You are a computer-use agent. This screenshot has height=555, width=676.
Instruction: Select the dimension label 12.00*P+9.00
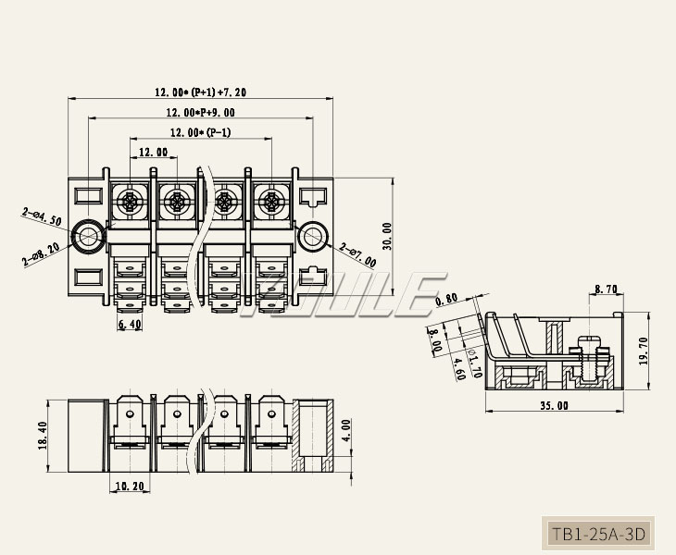[200, 112]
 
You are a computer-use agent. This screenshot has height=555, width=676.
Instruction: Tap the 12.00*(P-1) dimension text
[200, 132]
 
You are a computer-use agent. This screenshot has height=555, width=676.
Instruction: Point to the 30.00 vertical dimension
[387, 235]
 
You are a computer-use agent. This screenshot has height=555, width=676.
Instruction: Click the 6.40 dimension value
[130, 325]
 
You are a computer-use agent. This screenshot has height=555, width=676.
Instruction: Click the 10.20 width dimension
[129, 486]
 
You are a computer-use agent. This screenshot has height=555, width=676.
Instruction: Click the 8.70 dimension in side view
[607, 290]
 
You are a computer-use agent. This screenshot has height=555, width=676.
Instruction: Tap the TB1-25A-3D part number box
[597, 534]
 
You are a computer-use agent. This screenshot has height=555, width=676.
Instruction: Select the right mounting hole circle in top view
[314, 237]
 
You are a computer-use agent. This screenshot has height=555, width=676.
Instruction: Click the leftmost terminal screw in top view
[130, 201]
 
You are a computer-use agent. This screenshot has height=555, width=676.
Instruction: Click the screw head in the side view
[594, 345]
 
